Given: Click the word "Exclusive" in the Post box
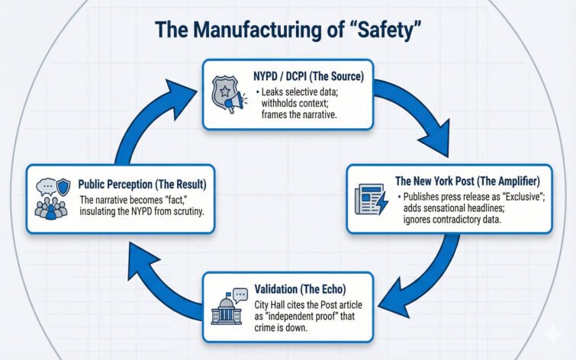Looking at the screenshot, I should pyautogui.click(x=519, y=195).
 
